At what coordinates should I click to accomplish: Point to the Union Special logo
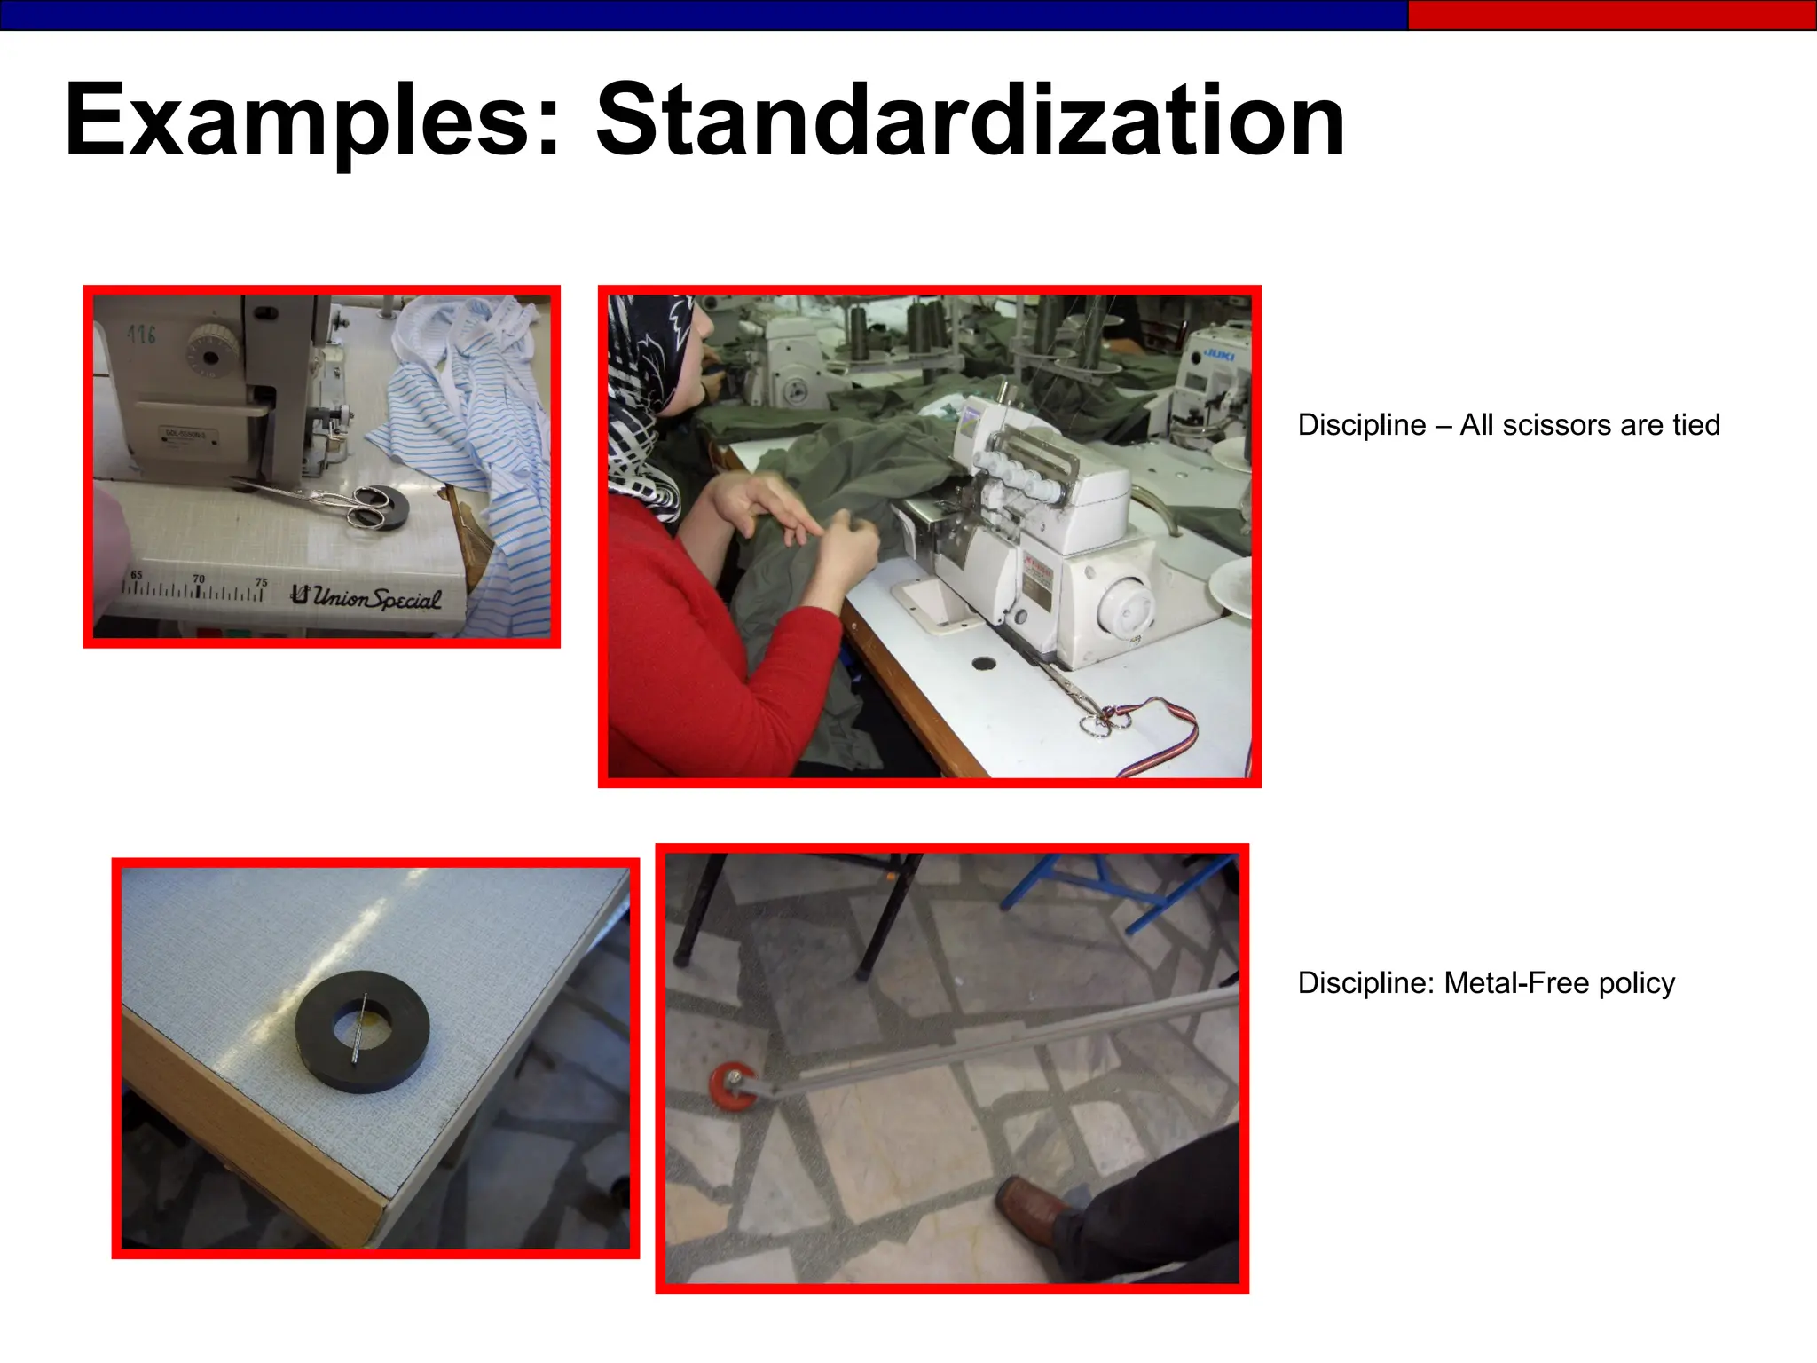[366, 597]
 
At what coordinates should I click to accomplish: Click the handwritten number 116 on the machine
[141, 335]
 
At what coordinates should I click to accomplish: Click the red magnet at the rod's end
[733, 1086]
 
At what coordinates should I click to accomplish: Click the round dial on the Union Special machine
[209, 356]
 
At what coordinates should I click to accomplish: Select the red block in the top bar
[1611, 15]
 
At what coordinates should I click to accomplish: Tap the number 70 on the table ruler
[199, 579]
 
